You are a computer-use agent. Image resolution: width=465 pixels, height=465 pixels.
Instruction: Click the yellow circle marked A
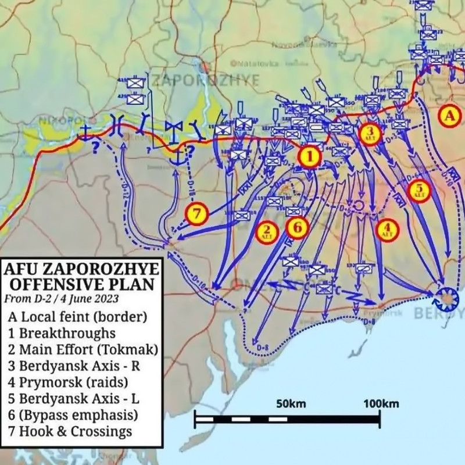[x=449, y=116]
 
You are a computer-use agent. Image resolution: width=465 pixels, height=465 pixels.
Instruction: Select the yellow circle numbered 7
[x=197, y=213]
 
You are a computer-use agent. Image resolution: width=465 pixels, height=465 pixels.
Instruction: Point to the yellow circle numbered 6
[x=296, y=227]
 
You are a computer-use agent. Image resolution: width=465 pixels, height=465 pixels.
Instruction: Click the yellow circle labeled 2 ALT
[x=267, y=231]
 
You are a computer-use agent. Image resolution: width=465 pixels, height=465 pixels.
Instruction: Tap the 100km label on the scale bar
[x=380, y=404]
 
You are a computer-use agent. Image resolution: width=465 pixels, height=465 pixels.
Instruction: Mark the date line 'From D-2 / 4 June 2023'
[x=62, y=299]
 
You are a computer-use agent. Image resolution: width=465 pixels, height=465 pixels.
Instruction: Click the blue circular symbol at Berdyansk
[x=447, y=298]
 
